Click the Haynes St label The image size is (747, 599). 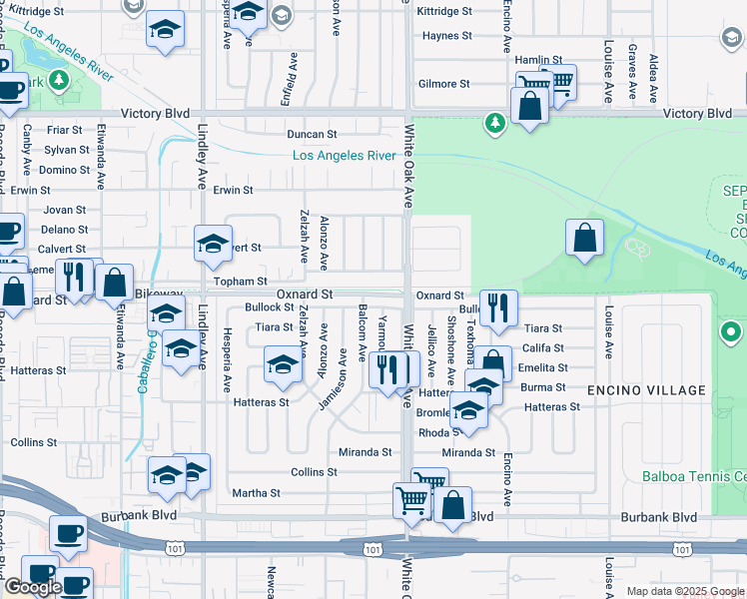pyautogui.click(x=446, y=36)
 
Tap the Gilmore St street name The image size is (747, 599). pyautogui.click(x=444, y=84)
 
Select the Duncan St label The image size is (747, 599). pyautogui.click(x=313, y=134)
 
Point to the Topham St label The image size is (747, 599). pyautogui.click(x=242, y=283)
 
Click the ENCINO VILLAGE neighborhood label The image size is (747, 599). pyautogui.click(x=638, y=388)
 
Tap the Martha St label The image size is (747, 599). pyautogui.click(x=256, y=493)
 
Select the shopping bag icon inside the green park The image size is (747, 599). pyautogui.click(x=585, y=239)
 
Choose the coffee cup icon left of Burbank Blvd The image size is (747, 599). pyautogui.click(x=68, y=535)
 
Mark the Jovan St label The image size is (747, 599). pyautogui.click(x=65, y=210)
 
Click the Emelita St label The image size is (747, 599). pyautogui.click(x=543, y=368)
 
